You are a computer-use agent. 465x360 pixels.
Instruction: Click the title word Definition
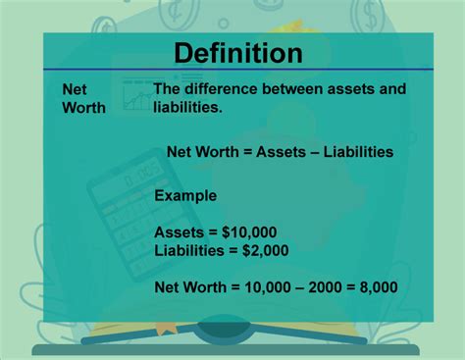click(238, 52)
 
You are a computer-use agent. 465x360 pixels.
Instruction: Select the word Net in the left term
click(76, 88)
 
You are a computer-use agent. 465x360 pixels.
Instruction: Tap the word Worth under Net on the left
click(83, 107)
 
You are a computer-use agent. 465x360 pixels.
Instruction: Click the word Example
click(185, 195)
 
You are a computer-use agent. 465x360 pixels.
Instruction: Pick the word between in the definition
click(297, 89)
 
